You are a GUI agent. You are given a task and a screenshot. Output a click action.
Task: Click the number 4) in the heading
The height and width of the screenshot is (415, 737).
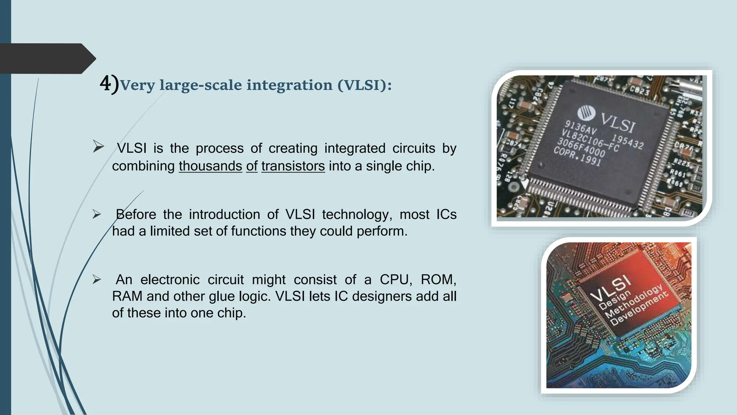point(109,85)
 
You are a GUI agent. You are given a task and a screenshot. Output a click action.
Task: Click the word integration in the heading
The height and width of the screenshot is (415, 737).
point(289,85)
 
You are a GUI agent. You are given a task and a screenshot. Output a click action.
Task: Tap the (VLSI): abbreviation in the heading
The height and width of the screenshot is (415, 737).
point(365,85)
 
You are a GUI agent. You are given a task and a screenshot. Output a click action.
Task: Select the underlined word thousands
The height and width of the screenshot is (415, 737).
point(210,166)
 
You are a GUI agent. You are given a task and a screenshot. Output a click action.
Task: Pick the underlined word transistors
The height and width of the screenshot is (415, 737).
point(293,166)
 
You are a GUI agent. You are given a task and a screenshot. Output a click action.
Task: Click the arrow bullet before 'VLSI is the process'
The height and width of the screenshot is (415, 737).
point(98,147)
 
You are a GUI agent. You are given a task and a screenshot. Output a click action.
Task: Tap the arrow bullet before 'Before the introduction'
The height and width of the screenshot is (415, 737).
point(96,214)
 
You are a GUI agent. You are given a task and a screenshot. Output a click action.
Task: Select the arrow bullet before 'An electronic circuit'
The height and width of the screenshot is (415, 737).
point(96,280)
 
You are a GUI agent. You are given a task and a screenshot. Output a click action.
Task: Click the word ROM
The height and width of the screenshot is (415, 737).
point(438,280)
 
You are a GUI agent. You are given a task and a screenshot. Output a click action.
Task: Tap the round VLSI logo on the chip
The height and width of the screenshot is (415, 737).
point(587,113)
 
